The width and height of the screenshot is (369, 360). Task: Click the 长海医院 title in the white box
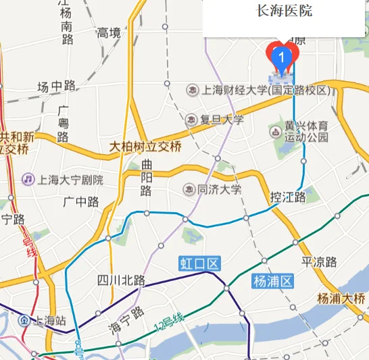tap(285, 11)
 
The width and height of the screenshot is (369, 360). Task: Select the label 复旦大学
tap(221, 120)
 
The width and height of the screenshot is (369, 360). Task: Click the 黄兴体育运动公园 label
tap(306, 131)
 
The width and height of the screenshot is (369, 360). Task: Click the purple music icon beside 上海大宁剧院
tap(28, 180)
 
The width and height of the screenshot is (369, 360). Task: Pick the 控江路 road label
tap(288, 197)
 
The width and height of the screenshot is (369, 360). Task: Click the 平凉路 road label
tap(318, 262)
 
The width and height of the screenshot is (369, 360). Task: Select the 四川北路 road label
tap(121, 280)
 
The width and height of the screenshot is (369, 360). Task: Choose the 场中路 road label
tap(56, 86)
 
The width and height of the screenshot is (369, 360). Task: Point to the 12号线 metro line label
tap(168, 323)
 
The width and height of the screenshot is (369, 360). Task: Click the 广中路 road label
tap(80, 201)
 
